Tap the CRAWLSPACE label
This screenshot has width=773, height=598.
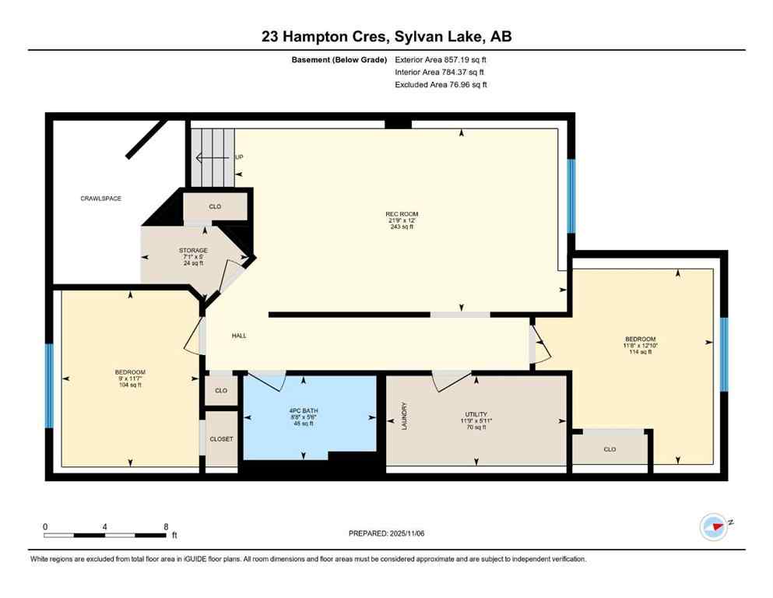tap(101, 199)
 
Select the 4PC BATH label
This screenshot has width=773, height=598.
tap(300, 410)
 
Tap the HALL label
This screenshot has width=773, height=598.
tap(239, 336)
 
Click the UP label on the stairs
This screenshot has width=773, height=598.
tap(239, 157)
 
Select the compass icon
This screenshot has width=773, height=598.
tap(713, 526)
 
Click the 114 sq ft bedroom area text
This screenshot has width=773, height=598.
tap(640, 352)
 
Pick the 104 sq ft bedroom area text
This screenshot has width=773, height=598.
tap(130, 385)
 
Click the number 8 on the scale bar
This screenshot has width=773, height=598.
tap(166, 526)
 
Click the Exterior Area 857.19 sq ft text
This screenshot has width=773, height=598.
tap(441, 59)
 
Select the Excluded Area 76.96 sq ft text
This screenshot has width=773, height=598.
tap(441, 84)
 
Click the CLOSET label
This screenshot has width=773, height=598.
tap(221, 439)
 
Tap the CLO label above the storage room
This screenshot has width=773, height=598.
tap(216, 207)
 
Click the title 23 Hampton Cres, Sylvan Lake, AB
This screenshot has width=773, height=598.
tap(386, 37)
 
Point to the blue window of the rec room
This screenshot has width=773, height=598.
tap(571, 196)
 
